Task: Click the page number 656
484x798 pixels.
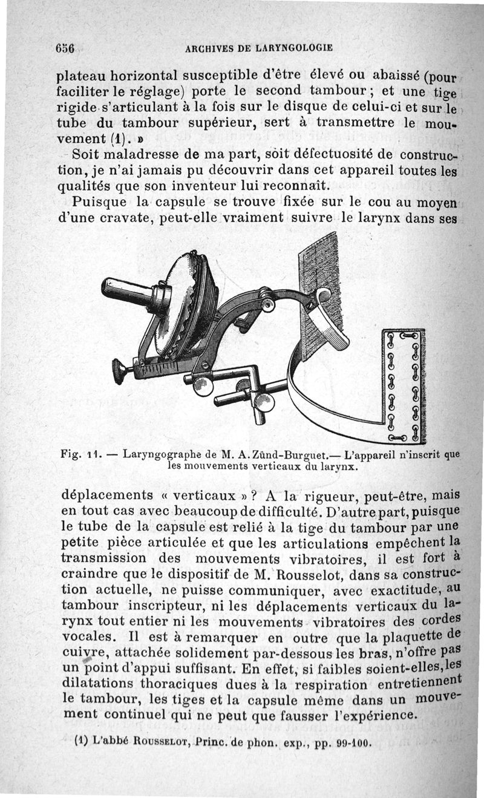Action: pyautogui.click(x=64, y=48)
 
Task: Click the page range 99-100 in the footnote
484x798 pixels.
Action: pyautogui.click(x=352, y=742)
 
